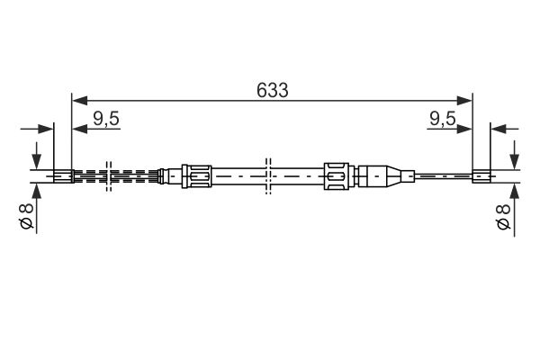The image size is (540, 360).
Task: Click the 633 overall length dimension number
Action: pyautogui.click(x=272, y=90)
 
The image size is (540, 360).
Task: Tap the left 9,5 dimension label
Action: pyautogui.click(x=106, y=119)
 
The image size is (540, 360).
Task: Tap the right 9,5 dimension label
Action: pyautogui.click(x=443, y=119)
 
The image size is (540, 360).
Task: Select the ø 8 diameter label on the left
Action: pyautogui.click(x=26, y=216)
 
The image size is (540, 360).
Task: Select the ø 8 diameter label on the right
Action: pyautogui.click(x=503, y=217)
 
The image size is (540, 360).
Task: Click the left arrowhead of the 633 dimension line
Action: pyautogui.click(x=79, y=101)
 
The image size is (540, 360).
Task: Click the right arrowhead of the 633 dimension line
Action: pyautogui.click(x=463, y=101)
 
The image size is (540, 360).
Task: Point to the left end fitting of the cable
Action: pyautogui.click(x=64, y=176)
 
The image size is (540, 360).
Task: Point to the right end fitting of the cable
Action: pyautogui.click(x=481, y=176)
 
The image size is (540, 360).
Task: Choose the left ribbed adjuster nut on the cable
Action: pyautogui.click(x=196, y=176)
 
